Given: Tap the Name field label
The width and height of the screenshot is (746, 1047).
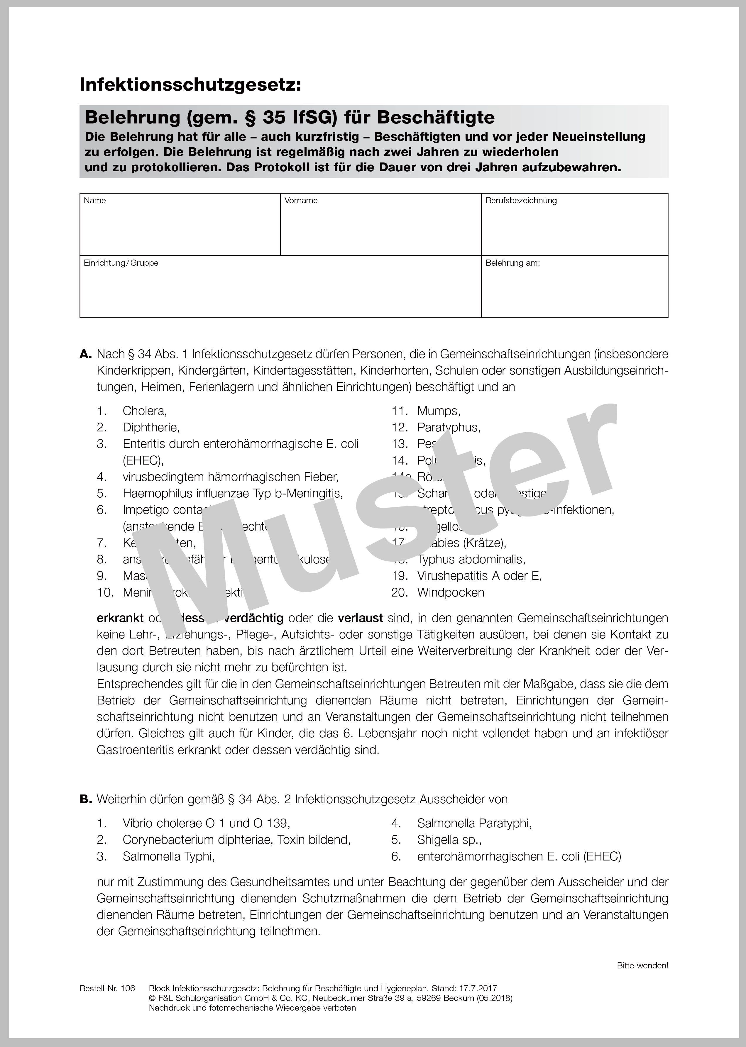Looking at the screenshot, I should [95, 201].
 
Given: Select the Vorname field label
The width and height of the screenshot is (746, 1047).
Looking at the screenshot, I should [301, 201].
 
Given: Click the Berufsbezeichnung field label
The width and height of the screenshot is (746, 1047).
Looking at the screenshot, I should [521, 201].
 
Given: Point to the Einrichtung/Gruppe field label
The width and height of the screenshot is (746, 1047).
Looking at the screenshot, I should [121, 263].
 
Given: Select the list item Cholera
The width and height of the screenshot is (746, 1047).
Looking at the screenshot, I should [144, 411].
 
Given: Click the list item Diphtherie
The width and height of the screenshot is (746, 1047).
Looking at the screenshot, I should [151, 428].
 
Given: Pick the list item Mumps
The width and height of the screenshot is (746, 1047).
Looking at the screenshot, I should [438, 411].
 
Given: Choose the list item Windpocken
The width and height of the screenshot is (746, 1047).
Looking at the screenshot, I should [450, 593].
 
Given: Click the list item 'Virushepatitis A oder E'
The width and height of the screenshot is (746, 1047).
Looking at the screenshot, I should [479, 576].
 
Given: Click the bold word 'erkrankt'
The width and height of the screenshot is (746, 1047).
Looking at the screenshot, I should [120, 619].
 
